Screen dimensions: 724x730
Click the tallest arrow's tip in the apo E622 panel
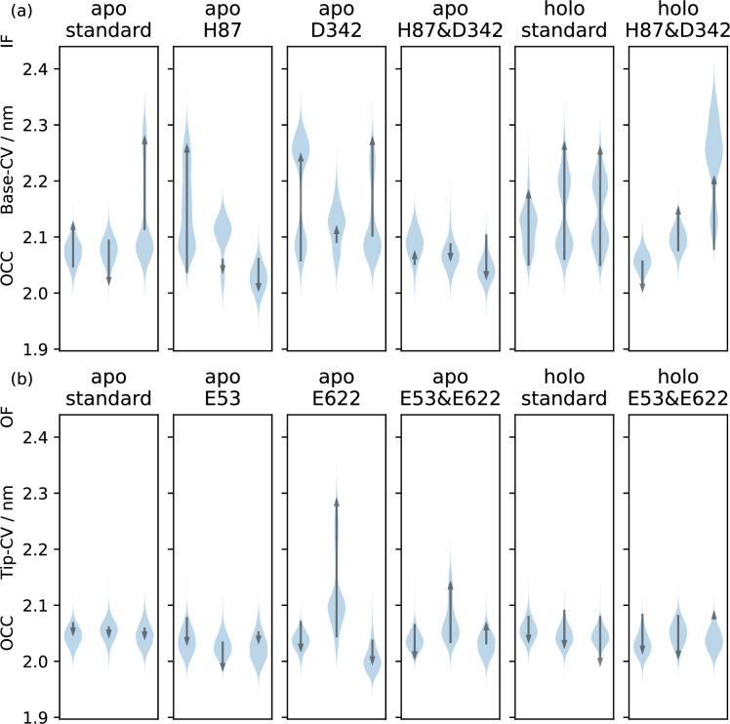[336, 502]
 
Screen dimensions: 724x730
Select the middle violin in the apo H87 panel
[222, 232]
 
